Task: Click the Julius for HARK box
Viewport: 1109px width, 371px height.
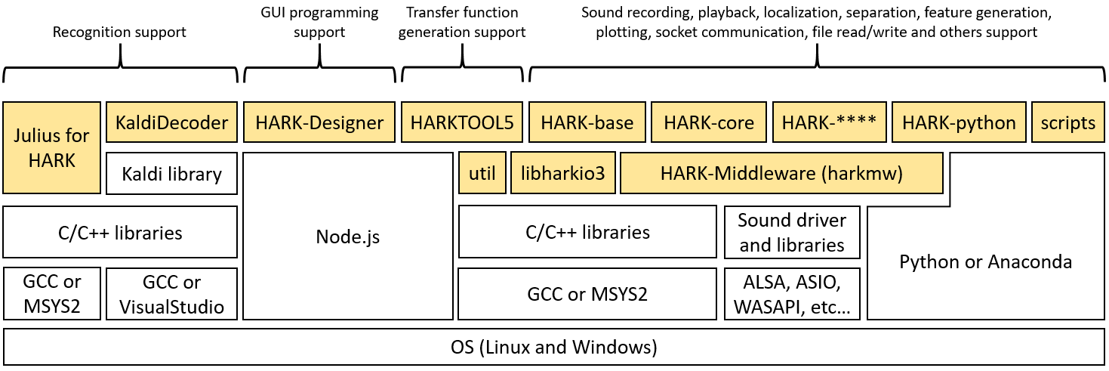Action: (x=51, y=147)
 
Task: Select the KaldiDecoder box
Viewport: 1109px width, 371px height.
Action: (x=172, y=122)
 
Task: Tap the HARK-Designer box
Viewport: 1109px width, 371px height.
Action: (x=319, y=122)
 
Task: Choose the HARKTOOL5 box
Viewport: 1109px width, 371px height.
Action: (x=462, y=122)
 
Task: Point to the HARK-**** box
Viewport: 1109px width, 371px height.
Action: (x=828, y=122)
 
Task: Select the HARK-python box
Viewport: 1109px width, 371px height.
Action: (x=959, y=122)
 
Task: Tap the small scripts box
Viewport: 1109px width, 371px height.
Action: (x=1067, y=122)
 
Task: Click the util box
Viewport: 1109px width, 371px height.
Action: (x=482, y=174)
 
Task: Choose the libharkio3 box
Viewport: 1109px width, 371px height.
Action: (x=562, y=174)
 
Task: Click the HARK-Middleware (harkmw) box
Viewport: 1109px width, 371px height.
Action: (x=781, y=174)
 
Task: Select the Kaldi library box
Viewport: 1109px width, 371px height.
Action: (x=172, y=174)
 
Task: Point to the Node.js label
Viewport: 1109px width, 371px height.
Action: (x=347, y=237)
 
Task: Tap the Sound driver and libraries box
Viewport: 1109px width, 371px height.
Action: (x=792, y=233)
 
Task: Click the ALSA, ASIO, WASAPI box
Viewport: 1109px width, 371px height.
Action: (x=792, y=294)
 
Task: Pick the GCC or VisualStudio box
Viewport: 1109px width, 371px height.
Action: (x=172, y=294)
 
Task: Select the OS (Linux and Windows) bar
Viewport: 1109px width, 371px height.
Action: (x=554, y=348)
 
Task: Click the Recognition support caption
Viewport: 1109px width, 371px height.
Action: (x=119, y=32)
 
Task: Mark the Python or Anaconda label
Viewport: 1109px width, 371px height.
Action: (x=986, y=262)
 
